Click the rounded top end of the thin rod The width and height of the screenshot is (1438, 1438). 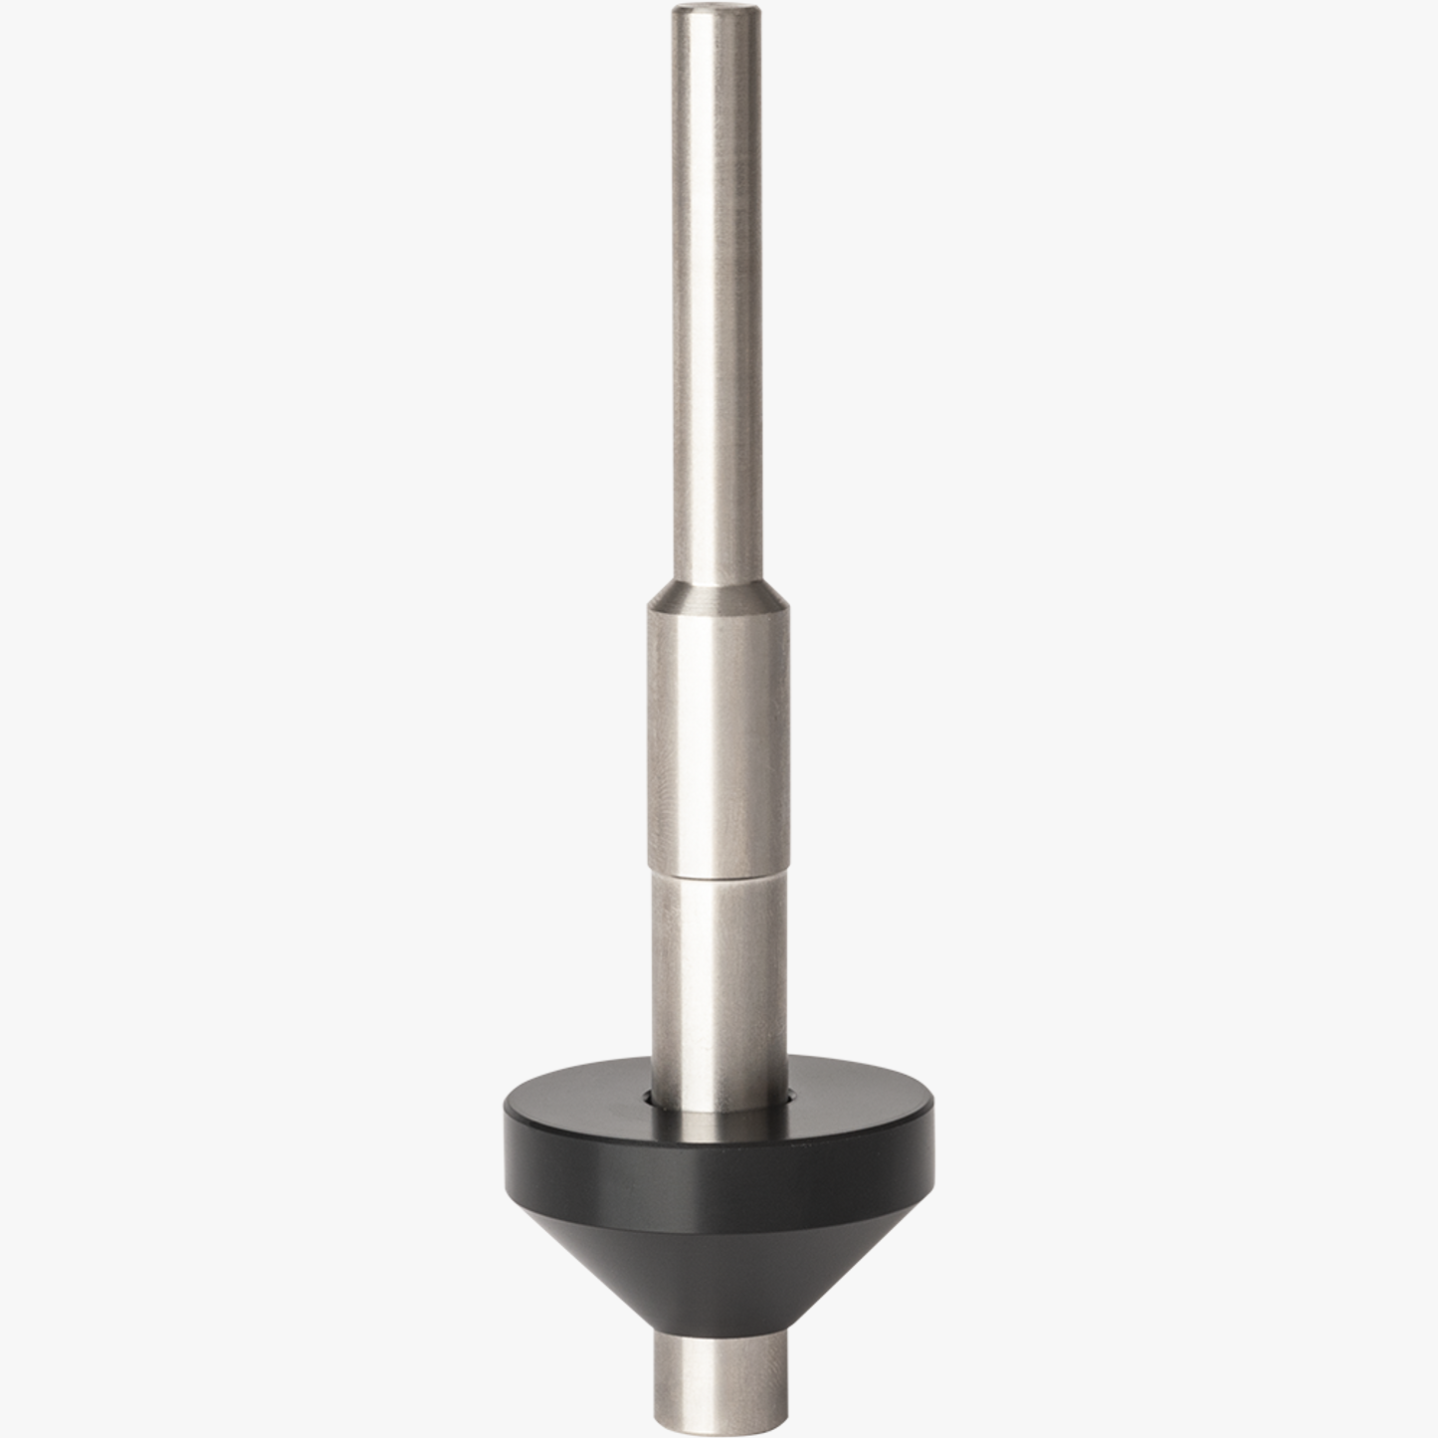(719, 12)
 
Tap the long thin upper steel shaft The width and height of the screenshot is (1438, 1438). (719, 299)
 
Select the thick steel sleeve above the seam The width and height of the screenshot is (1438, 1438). (719, 736)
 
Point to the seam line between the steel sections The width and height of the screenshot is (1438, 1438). (719, 875)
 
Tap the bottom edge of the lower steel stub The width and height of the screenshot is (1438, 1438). (719, 1421)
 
